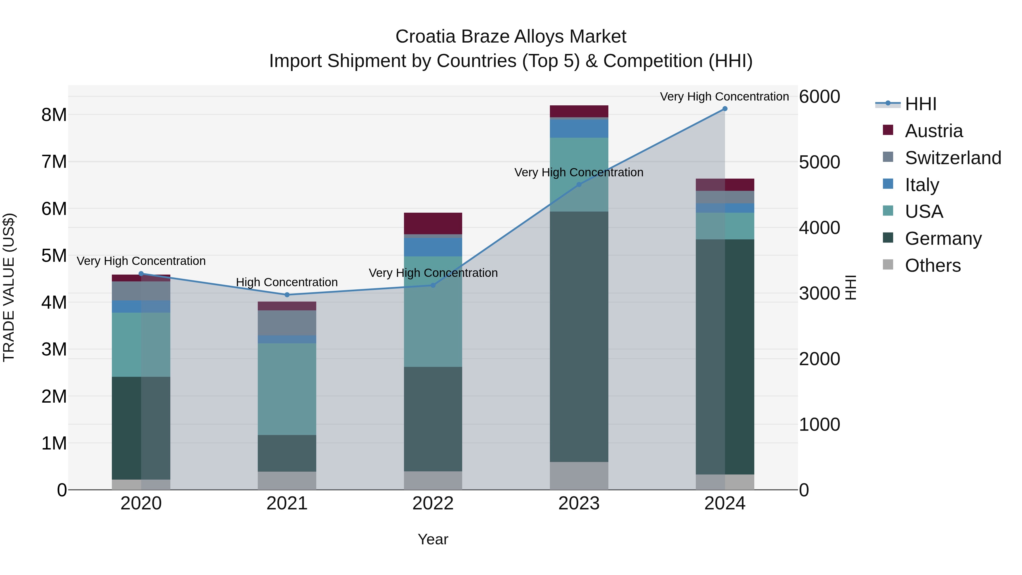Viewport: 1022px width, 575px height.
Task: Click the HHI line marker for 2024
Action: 724,109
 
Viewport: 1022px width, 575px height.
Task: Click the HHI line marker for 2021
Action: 287,295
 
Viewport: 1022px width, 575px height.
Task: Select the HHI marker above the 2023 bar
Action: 579,185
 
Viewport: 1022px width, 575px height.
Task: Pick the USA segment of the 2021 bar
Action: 287,389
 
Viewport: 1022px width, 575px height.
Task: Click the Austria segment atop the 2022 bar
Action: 433,223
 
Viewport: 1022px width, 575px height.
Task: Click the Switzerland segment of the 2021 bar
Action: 287,323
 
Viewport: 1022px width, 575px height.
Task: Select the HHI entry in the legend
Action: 920,104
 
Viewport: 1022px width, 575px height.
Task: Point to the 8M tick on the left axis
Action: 54,115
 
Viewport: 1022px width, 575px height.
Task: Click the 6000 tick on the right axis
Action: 819,97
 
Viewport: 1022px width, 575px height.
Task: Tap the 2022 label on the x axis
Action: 433,503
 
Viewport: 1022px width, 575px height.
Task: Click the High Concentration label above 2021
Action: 287,282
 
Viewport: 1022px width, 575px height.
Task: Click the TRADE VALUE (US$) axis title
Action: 9,287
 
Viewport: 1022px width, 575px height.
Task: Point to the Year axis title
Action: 433,539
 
